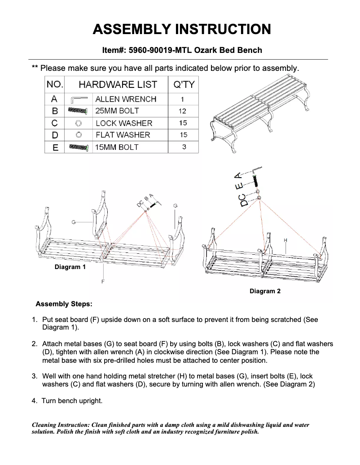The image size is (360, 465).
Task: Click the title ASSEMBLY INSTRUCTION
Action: (181, 30)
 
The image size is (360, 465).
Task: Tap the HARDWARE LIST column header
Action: (118, 84)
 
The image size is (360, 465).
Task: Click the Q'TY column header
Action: (183, 84)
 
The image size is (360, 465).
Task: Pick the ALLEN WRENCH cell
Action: (126, 99)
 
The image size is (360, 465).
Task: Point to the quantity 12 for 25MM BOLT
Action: (182, 111)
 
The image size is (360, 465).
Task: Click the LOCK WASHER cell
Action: (124, 123)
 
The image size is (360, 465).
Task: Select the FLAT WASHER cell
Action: (123, 135)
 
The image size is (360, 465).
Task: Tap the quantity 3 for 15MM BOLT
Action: (184, 147)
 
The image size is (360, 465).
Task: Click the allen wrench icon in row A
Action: (78, 99)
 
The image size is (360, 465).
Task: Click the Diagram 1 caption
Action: (70, 267)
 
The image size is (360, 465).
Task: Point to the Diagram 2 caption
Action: (265, 291)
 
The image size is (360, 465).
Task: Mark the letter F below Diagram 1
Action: (103, 281)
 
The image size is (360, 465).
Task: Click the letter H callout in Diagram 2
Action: (285, 240)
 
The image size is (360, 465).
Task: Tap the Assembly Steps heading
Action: (64, 304)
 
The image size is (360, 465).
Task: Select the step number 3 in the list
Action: (34, 376)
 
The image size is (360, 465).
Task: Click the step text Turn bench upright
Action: (72, 400)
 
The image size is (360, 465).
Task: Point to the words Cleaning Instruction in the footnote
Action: (61, 425)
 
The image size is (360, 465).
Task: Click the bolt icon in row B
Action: (78, 111)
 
